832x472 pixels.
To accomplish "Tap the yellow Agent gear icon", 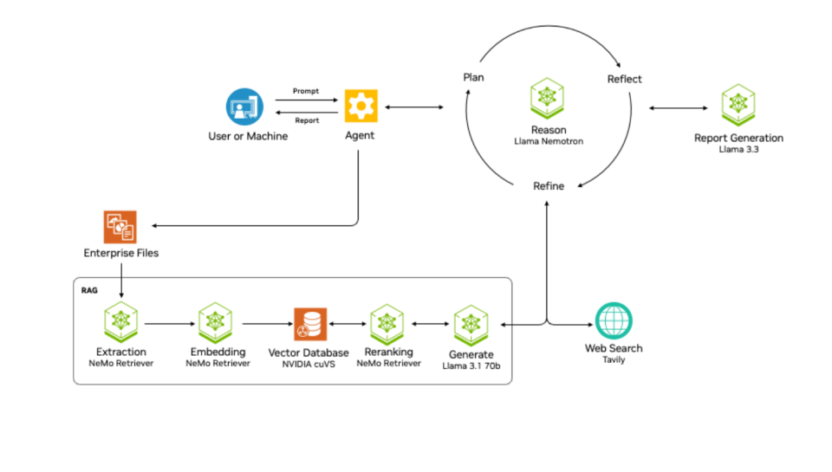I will tap(361, 106).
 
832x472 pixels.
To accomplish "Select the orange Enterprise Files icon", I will tap(120, 227).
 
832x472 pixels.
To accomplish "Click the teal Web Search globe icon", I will tap(613, 321).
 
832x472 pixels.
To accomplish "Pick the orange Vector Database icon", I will tap(309, 325).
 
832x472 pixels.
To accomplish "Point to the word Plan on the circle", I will tap(473, 77).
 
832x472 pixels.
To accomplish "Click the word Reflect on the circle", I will tap(624, 79).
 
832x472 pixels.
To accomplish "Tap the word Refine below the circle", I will tap(548, 186).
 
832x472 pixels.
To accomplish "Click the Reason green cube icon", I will tap(548, 98).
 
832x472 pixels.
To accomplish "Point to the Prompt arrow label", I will tap(306, 91).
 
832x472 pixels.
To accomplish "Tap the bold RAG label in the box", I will tap(89, 290).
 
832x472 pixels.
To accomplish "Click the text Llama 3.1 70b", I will tap(471, 365).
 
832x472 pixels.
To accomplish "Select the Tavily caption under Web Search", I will tap(613, 359).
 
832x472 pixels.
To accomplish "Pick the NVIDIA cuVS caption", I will tap(309, 364).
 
